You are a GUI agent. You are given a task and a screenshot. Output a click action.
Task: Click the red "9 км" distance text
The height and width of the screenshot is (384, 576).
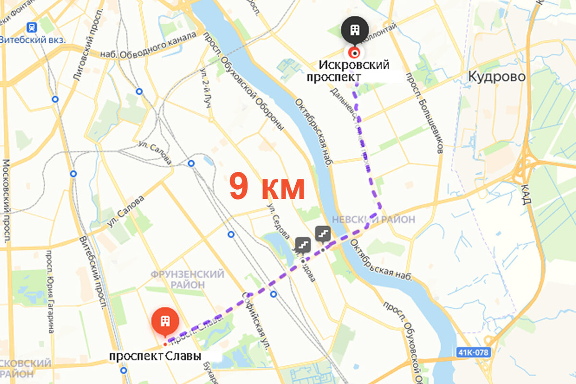(267, 188)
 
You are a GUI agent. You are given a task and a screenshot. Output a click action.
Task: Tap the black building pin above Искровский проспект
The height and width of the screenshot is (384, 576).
(355, 31)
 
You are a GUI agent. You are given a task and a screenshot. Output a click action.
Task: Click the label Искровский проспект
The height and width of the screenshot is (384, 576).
(355, 71)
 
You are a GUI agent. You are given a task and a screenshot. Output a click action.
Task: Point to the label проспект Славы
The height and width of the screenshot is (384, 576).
(155, 357)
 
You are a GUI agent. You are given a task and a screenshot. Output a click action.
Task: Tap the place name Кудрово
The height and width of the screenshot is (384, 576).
(497, 77)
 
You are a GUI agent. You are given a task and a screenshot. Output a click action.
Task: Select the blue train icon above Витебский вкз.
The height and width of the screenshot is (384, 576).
(32, 27)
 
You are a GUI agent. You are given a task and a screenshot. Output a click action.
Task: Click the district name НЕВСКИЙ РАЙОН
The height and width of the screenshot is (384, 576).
(373, 219)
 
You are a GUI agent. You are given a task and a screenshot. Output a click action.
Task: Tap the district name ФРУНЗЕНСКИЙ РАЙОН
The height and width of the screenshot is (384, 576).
(187, 279)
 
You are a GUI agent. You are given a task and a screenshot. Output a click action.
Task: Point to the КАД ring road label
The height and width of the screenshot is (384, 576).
(526, 194)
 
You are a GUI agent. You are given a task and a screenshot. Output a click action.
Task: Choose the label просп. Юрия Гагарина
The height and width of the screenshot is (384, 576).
(49, 291)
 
